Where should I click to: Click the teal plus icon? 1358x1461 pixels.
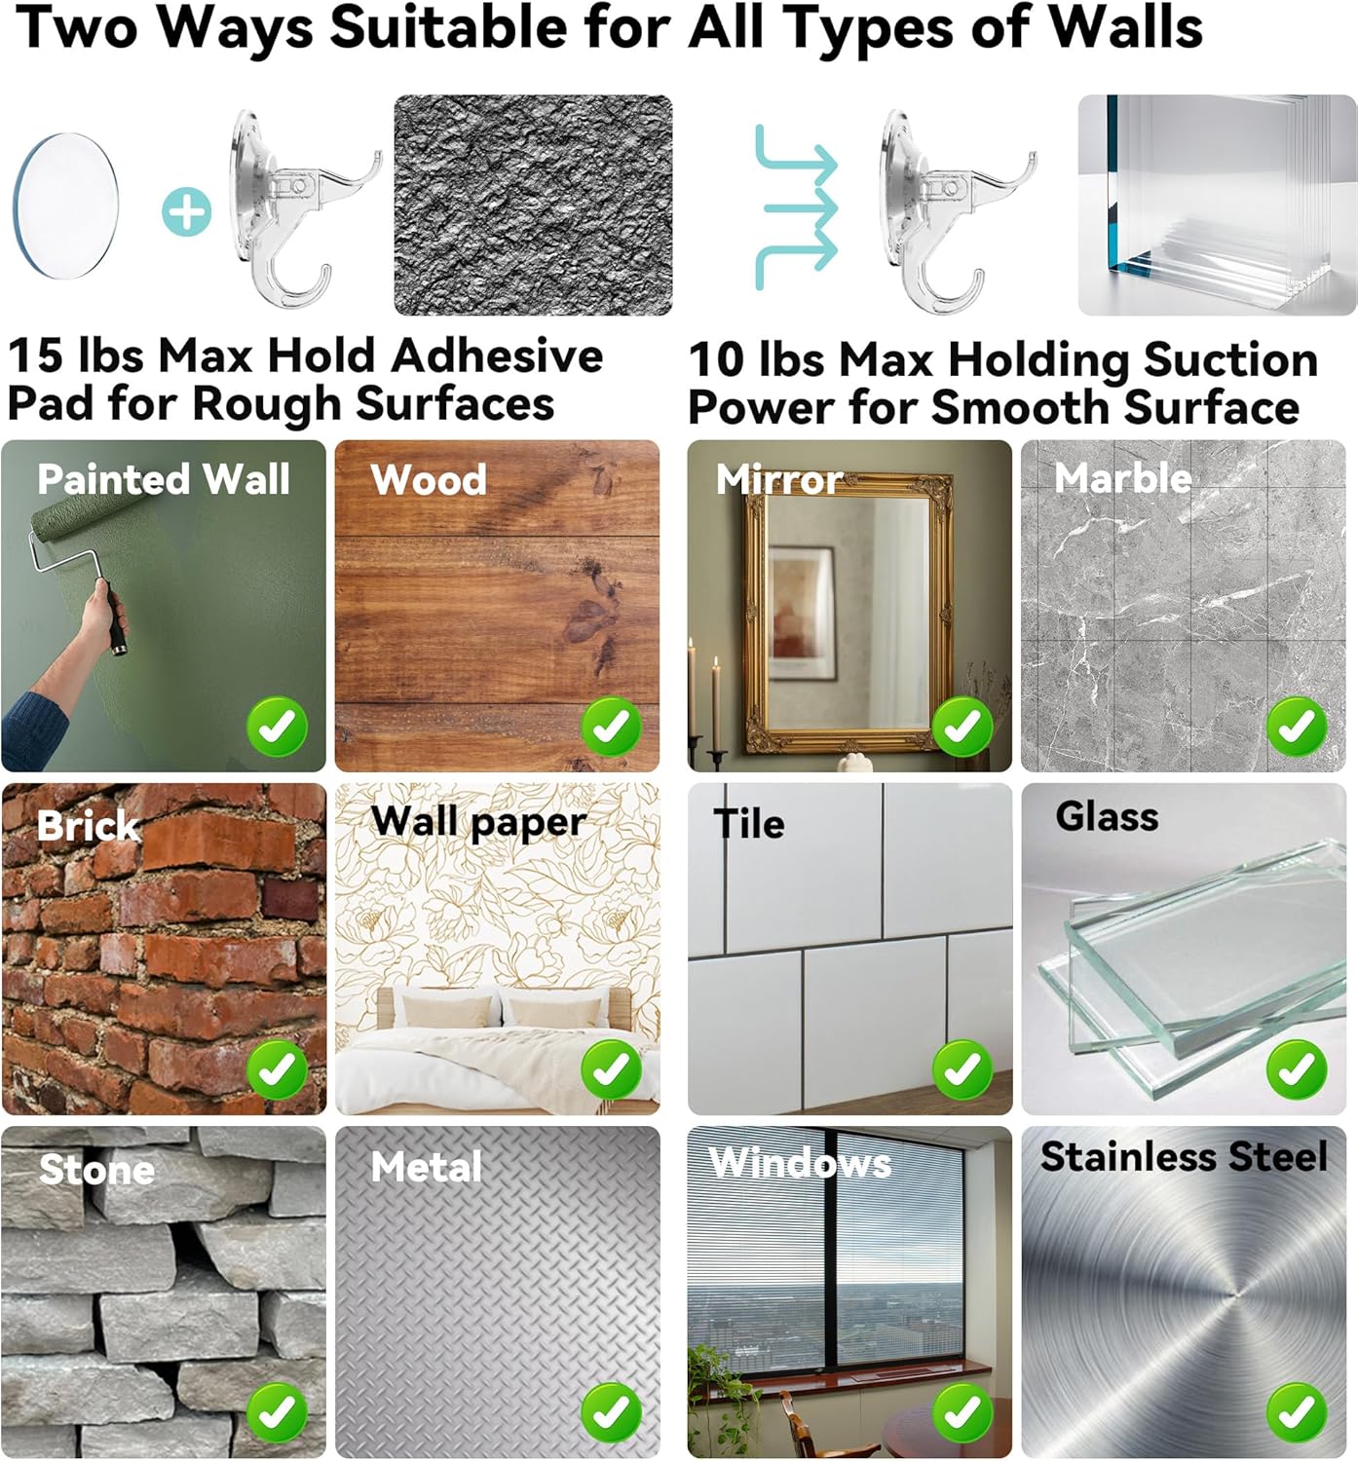point(186,212)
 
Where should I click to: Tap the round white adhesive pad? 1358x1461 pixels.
point(65,206)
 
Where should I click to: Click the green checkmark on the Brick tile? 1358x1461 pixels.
point(278,1068)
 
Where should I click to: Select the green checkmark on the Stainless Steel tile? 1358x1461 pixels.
point(1297,1411)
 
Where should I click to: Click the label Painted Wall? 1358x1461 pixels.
point(164,479)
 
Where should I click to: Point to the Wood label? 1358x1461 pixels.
point(429,479)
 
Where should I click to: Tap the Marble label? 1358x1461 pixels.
point(1123,478)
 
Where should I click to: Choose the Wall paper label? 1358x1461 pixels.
point(478,822)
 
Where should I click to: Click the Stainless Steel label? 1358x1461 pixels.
point(1185,1156)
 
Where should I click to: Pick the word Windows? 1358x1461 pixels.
point(800,1163)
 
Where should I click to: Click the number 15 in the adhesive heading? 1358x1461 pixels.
point(35,356)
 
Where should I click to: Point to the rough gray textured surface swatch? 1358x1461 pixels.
point(533,206)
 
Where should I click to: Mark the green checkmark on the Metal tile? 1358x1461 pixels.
point(611,1411)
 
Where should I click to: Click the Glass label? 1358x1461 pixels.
point(1107,816)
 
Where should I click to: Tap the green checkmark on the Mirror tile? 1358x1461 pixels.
point(962,727)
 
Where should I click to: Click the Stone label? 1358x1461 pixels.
point(96,1169)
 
